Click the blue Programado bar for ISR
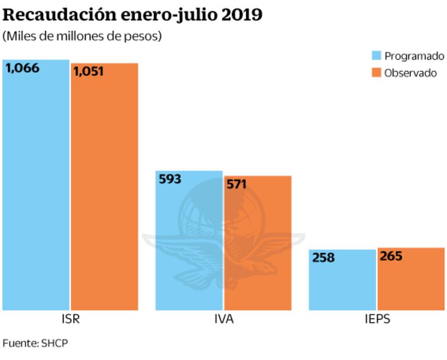pyautogui.click(x=35, y=186)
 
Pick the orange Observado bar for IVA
pyautogui.click(x=258, y=244)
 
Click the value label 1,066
pyautogui.click(x=23, y=69)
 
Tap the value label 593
pyautogui.click(x=170, y=179)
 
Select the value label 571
pyautogui.click(x=237, y=185)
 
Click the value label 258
pyautogui.click(x=324, y=258)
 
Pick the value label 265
pyautogui.click(x=391, y=256)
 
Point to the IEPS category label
pyautogui.click(x=377, y=320)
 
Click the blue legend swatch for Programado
pyautogui.click(x=376, y=56)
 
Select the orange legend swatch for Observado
pyautogui.click(x=376, y=73)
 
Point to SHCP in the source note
pyautogui.click(x=55, y=343)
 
